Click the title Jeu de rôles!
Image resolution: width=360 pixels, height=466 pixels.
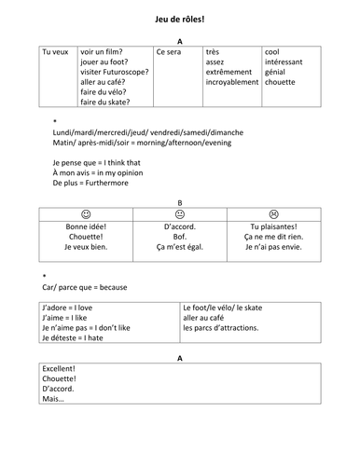(x=179, y=18)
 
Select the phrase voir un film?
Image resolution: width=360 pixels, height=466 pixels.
(x=104, y=51)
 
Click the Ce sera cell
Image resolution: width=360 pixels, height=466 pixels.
(x=170, y=52)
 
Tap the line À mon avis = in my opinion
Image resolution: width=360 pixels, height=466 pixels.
(x=97, y=173)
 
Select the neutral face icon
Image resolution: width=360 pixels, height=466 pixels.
(x=180, y=213)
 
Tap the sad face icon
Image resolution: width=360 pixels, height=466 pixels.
(x=273, y=213)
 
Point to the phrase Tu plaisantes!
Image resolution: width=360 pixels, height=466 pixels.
(x=273, y=226)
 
